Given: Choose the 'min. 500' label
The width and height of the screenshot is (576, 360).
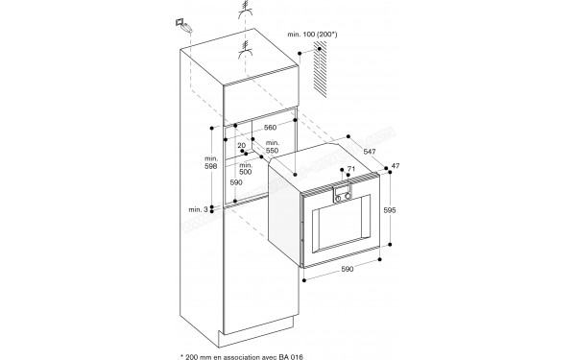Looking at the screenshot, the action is click(247, 168).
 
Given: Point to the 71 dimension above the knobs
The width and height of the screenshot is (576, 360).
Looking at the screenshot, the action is click(351, 170).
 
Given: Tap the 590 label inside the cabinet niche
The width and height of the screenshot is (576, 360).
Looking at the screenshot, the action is click(235, 181).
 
